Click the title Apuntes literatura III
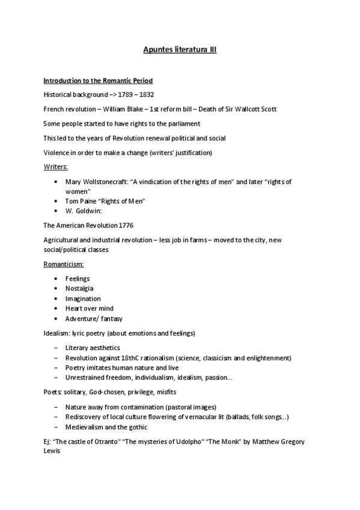click(x=180, y=51)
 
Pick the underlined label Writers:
click(x=55, y=167)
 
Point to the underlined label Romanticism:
click(x=64, y=264)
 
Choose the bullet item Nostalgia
click(x=79, y=289)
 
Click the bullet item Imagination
click(x=83, y=298)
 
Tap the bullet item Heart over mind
click(x=89, y=309)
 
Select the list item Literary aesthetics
click(x=93, y=348)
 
